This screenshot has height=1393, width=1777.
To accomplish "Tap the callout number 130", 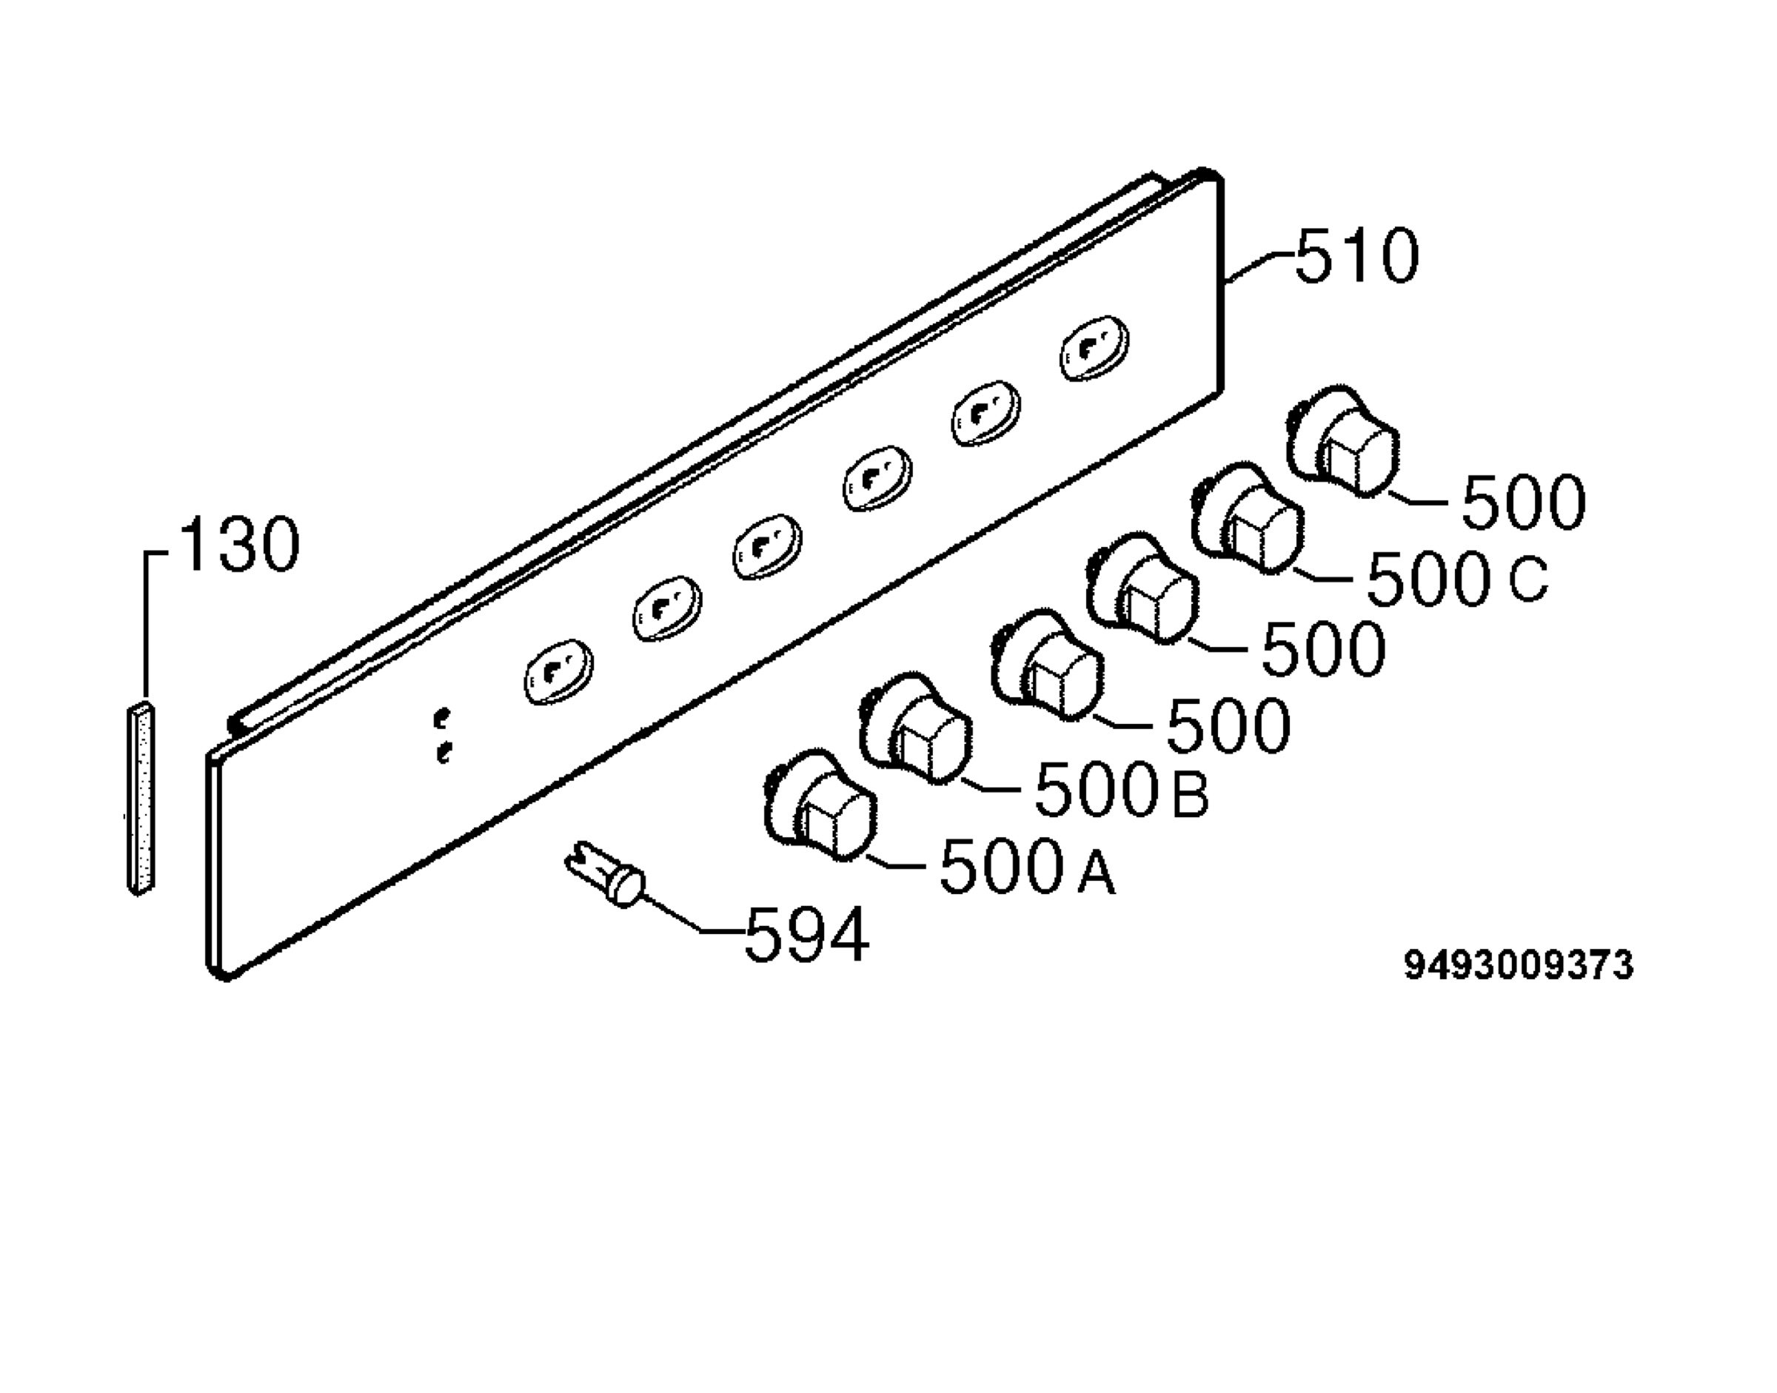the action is coord(239,543).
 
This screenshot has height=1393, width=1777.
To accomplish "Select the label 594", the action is coord(807,936).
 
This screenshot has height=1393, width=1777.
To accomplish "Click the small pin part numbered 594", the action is coord(606,875).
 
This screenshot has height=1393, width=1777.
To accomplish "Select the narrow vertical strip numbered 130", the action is coord(141,797).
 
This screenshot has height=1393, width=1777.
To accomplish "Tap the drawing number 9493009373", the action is coord(1519,965).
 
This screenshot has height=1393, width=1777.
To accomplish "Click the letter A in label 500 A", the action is coord(1096,873).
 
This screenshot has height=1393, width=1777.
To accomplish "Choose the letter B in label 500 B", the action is coord(1191,794).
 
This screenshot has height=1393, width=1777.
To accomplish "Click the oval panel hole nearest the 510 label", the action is coord(1095,348).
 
